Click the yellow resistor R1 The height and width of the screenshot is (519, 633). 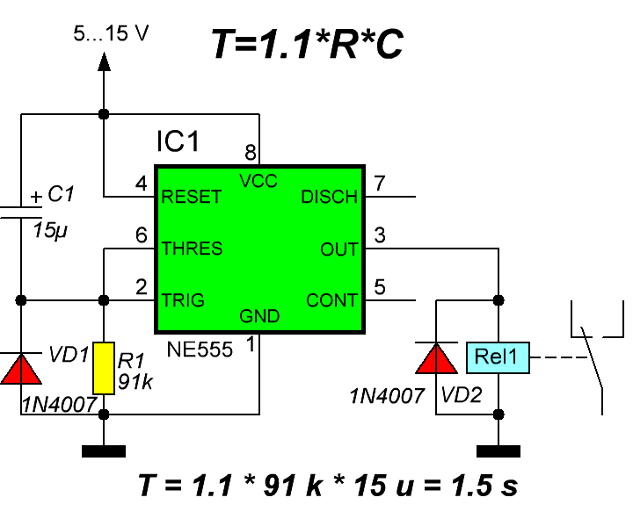pos(104,368)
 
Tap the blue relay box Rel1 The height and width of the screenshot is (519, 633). pos(498,357)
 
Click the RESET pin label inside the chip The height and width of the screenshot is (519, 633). pos(192,198)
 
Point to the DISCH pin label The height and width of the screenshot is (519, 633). pos(330,198)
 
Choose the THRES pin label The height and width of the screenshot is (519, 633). pos(192,249)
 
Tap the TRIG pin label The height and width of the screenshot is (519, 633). pos(183,300)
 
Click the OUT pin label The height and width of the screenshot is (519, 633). pos(339,249)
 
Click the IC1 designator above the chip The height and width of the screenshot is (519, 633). pos(178,142)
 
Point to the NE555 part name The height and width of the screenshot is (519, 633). pos(200,350)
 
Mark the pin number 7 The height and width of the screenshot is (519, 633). pos(380,184)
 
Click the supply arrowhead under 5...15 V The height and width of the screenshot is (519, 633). pos(104,61)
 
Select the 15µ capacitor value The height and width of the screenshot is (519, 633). pos(50,232)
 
